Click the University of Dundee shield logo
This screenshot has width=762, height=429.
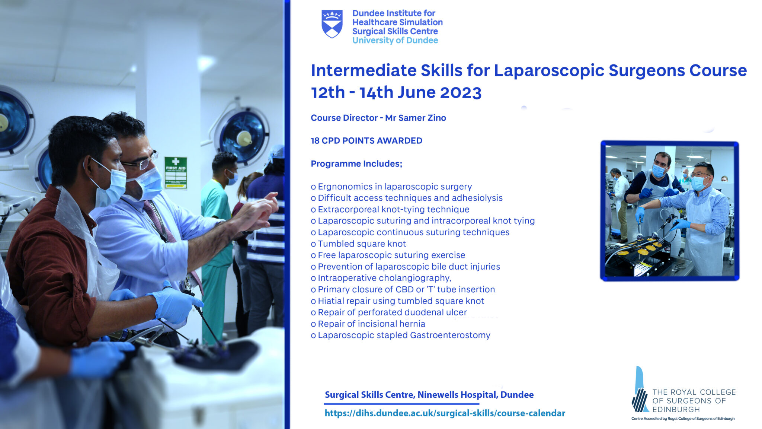(332, 24)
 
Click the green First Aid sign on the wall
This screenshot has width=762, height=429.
(176, 173)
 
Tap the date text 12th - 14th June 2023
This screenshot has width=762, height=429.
(396, 93)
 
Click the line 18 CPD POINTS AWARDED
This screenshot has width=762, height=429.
(366, 141)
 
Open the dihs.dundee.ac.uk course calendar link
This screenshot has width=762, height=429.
(445, 413)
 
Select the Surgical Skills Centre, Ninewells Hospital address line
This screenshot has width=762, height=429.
(429, 395)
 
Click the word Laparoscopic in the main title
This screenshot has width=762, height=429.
(548, 71)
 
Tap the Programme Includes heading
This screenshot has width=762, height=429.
(356, 164)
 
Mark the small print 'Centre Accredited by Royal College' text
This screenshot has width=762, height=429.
(683, 419)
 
